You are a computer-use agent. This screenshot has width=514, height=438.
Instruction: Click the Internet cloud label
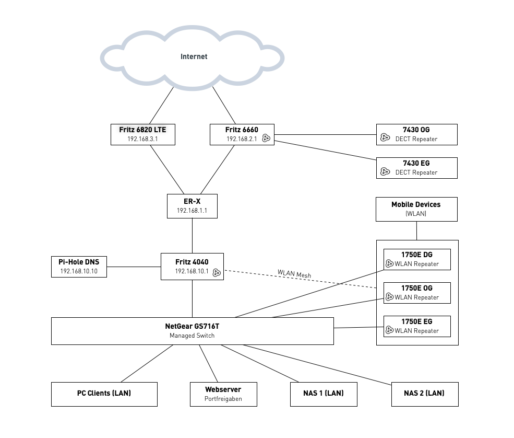(194, 56)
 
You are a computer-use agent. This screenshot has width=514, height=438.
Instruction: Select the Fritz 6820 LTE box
(142, 134)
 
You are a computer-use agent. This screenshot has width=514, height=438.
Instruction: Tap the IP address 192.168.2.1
(241, 139)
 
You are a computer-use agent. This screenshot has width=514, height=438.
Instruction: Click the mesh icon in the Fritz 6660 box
(266, 139)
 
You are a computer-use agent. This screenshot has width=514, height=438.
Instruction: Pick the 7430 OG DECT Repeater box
(416, 134)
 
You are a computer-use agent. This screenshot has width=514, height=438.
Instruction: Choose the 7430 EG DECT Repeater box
(416, 168)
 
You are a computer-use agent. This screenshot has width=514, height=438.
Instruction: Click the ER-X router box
(192, 206)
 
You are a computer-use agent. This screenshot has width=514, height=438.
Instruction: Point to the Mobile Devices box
(416, 209)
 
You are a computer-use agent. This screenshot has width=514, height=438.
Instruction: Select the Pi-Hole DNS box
(79, 266)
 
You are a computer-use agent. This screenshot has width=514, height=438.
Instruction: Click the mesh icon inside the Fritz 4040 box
(217, 272)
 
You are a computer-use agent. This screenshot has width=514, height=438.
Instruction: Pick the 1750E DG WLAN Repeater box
(417, 259)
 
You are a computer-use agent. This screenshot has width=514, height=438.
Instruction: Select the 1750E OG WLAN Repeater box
(417, 293)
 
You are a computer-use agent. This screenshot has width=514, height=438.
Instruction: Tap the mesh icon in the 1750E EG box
(389, 330)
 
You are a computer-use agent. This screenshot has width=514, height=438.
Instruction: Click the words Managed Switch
(192, 336)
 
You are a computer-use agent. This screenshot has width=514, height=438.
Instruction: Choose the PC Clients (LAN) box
(104, 394)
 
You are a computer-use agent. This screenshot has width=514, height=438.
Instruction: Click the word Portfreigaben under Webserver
(223, 398)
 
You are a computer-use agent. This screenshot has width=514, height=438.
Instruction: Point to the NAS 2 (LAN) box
(424, 394)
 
